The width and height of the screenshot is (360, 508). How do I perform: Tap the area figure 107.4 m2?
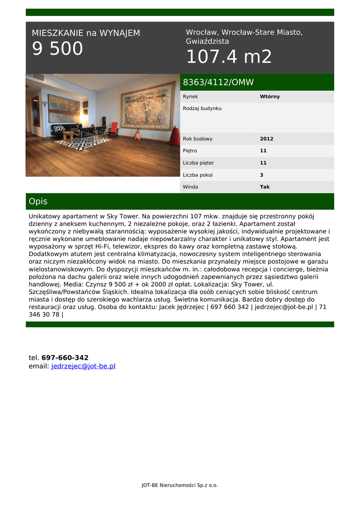(x=229, y=57)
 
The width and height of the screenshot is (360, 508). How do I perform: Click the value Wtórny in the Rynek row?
(x=270, y=97)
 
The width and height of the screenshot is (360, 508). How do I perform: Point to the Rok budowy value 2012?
(x=266, y=139)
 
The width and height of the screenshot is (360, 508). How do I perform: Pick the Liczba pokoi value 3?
(x=262, y=175)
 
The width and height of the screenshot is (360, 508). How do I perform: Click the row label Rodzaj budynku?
(x=202, y=108)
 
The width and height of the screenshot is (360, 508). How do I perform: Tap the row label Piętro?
(x=190, y=151)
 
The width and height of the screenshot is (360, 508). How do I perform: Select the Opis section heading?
(x=38, y=201)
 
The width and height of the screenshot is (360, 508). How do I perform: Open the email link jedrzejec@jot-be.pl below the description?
(x=83, y=366)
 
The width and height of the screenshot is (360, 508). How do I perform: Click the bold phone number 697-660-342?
(x=65, y=358)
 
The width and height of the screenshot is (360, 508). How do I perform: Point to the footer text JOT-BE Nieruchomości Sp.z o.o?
(x=180, y=485)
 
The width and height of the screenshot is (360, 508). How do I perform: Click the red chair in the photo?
(x=114, y=128)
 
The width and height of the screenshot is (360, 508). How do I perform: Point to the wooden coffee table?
(x=69, y=134)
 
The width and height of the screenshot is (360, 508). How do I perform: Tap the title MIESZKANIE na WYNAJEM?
(x=86, y=33)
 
